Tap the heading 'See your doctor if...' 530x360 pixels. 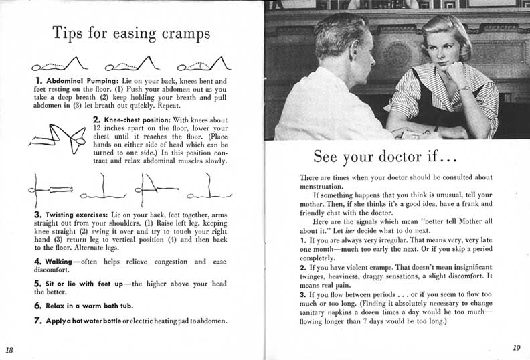point(385,157)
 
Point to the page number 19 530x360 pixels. point(516,347)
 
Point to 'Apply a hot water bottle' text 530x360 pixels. point(82,321)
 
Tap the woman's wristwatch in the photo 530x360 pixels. point(464,88)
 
